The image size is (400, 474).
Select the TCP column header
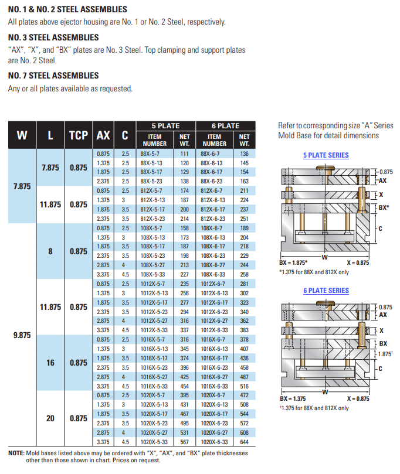point(79,136)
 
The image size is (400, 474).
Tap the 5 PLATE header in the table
point(166,125)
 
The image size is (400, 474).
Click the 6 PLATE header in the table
point(225,125)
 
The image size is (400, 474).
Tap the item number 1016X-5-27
point(154,377)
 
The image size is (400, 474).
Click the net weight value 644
point(244,442)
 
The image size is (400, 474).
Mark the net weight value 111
point(184,154)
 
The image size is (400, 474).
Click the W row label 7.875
point(22,186)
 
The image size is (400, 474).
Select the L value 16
point(50,363)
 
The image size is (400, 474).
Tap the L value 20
point(50,418)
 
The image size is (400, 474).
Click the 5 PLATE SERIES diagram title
point(326,155)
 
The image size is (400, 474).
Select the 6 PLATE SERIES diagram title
point(326,291)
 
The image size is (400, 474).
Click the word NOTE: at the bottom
point(16,453)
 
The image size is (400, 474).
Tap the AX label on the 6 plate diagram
point(383,315)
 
